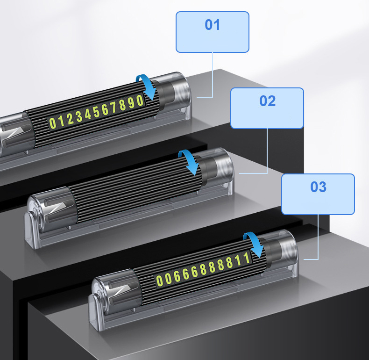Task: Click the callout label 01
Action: (212, 32)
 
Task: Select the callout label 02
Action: (267, 108)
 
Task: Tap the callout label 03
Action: (318, 194)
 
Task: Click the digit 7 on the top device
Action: (114, 108)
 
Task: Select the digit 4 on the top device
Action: (88, 115)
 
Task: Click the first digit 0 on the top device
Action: (52, 123)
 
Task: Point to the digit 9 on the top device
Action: (132, 103)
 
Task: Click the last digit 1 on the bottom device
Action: (247, 258)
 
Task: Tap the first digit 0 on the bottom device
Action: (159, 281)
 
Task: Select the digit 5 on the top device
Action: (97, 112)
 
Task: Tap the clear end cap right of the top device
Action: (179, 91)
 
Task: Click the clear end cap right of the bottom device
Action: (286, 248)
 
